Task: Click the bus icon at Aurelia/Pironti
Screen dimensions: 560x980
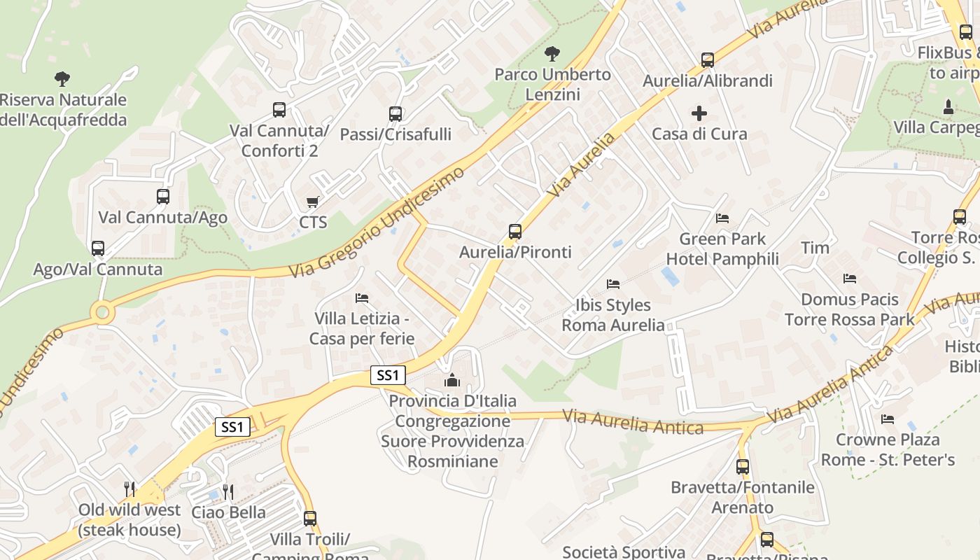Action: click(515, 231)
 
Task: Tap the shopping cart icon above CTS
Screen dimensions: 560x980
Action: click(313, 202)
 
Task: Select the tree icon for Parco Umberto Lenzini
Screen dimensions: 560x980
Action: click(552, 53)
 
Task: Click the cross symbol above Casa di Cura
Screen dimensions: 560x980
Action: click(699, 113)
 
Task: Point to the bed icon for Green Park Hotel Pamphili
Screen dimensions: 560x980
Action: click(722, 218)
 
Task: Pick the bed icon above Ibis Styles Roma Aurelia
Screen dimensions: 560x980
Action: click(613, 284)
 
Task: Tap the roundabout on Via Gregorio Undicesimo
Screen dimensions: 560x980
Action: click(103, 311)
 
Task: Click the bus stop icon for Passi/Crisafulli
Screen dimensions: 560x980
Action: click(395, 113)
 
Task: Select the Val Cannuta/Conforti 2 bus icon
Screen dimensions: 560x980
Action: click(279, 110)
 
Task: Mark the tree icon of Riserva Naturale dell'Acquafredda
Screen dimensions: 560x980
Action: click(62, 78)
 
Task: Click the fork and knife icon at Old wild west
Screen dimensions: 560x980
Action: click(129, 489)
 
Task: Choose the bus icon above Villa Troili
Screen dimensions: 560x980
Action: click(310, 519)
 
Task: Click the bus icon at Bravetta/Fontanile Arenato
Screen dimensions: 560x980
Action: click(743, 466)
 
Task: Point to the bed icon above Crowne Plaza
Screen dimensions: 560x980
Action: click(888, 419)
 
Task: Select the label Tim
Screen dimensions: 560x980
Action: click(815, 248)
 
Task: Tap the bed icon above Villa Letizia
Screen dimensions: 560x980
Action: click(362, 298)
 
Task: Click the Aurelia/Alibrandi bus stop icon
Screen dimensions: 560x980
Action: click(708, 60)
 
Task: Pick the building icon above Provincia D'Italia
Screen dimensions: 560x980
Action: click(452, 380)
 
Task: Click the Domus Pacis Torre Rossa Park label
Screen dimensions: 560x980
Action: click(849, 309)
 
